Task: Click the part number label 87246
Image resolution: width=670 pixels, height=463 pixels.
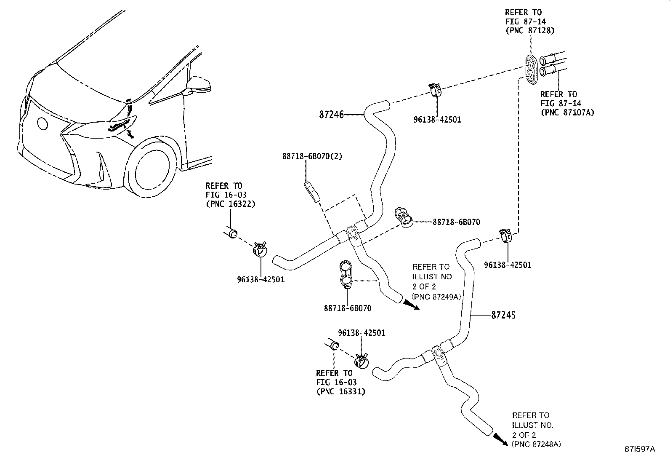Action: tap(332, 114)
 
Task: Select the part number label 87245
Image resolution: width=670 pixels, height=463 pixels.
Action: tap(503, 315)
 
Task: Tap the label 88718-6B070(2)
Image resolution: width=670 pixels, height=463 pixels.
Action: tap(312, 156)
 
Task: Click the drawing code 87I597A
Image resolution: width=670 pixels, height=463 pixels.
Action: tap(639, 449)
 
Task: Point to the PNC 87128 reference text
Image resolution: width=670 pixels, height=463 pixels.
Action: tap(529, 30)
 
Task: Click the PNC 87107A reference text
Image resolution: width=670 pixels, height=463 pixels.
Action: tap(567, 112)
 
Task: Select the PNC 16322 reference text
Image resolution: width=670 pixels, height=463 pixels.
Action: tap(230, 204)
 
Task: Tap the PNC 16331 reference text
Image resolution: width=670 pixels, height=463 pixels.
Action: tap(340, 391)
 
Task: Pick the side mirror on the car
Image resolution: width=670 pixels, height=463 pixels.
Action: tap(199, 84)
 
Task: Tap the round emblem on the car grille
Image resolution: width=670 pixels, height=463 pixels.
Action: tap(43, 123)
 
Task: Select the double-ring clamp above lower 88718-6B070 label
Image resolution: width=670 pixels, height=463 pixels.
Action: tap(345, 275)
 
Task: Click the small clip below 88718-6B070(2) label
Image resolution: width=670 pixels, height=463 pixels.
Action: tap(312, 191)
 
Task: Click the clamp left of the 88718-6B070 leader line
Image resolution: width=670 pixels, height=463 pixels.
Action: tap(405, 217)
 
